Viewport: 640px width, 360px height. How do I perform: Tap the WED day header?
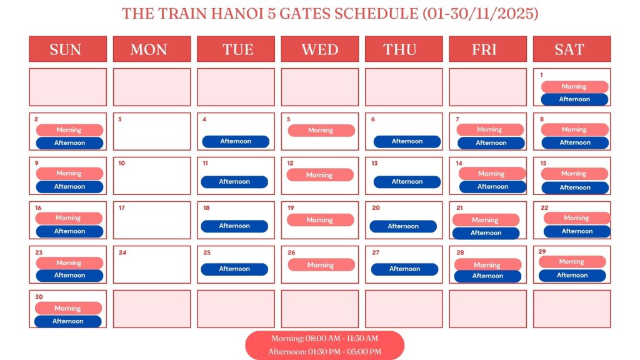[x=320, y=49]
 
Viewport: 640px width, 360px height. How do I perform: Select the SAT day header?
[x=571, y=49]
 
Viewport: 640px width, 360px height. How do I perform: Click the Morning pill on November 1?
[x=574, y=87]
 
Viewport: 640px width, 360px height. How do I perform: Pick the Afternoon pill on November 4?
[x=236, y=141]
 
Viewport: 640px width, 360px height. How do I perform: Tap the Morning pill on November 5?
[x=321, y=130]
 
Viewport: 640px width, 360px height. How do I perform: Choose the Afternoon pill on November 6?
[x=407, y=141]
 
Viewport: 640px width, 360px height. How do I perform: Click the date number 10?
[x=121, y=163]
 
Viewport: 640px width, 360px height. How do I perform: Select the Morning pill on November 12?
[x=320, y=175]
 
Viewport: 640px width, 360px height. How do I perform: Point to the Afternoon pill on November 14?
[x=492, y=186]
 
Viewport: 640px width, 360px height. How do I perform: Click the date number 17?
[x=121, y=207]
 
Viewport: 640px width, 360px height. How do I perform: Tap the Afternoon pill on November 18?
[x=234, y=226]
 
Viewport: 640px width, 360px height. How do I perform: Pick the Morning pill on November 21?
[x=486, y=220]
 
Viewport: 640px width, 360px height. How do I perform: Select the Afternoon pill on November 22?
[x=577, y=231]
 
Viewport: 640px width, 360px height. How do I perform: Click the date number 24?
[x=122, y=252]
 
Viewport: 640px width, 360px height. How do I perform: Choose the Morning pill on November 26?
[x=321, y=265]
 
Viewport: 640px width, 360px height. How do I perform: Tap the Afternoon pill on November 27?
[x=404, y=269]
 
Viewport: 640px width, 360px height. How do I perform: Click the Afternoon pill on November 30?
[x=67, y=321]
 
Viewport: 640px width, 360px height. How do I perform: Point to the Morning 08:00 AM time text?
[x=324, y=339]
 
